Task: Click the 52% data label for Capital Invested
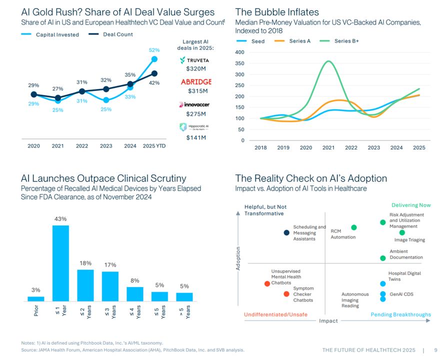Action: point(154,50)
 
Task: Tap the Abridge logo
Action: point(196,82)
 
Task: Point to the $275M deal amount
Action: point(196,114)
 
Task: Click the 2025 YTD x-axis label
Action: point(154,146)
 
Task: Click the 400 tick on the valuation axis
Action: point(239,52)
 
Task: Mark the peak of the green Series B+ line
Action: point(328,61)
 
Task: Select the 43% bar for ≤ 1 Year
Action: point(60,263)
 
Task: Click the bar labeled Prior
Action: point(36,298)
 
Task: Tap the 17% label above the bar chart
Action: point(110,265)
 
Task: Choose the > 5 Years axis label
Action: point(184,312)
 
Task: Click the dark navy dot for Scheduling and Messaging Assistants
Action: point(286,232)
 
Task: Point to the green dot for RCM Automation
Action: point(354,227)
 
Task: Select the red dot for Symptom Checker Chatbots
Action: point(286,294)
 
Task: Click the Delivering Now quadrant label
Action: point(411,205)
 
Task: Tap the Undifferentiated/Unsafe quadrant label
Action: point(275,314)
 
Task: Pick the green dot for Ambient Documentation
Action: point(383,258)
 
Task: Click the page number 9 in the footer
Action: point(436,350)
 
